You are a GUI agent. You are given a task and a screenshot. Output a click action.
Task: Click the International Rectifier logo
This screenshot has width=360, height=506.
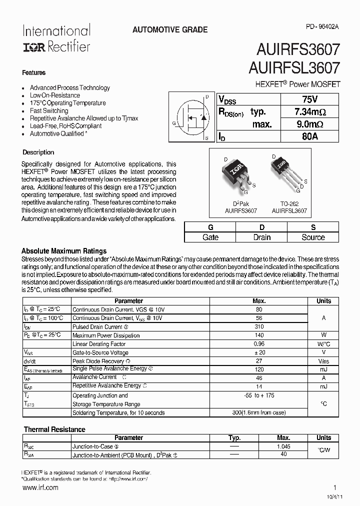pos(56,38)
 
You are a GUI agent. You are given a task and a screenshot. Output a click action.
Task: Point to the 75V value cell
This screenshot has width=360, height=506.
pos(310,99)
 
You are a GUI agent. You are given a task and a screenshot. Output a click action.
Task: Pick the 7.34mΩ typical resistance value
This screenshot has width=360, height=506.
pos(310,111)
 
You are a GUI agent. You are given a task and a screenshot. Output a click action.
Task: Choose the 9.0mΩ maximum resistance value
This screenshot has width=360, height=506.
pos(310,124)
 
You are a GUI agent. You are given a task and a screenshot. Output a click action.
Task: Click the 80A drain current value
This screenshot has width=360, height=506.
pos(310,136)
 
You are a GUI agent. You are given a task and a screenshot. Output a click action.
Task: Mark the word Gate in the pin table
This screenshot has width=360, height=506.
pos(210,237)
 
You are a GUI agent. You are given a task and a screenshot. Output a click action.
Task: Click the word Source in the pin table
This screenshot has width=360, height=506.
pos(313,237)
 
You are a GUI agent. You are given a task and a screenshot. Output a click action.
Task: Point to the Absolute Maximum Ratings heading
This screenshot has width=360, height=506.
pos(63,251)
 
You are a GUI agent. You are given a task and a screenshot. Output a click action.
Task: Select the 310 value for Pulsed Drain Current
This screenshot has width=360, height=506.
pos(259,326)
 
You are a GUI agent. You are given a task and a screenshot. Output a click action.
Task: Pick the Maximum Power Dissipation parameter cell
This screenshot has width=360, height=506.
pos(106,335)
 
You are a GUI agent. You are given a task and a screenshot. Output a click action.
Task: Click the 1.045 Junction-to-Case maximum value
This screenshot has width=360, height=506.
pos(283,446)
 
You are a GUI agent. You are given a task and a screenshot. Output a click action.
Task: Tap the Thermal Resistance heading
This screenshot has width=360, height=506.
pos(54,429)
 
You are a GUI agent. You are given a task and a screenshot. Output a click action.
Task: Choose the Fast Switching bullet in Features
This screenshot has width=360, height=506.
pos(49,111)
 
